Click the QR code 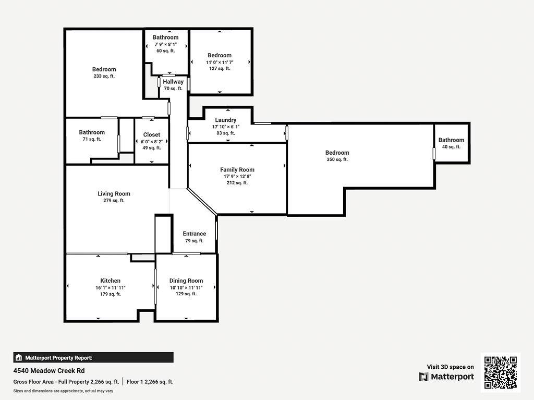point(500,372)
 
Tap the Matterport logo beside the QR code point(446,377)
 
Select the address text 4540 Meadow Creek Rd point(49,371)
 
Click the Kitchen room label point(110,281)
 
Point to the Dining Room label point(186,281)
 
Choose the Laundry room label point(225,120)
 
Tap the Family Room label point(237,170)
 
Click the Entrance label point(194,234)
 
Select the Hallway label point(173,82)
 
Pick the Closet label point(152,135)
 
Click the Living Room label point(114,194)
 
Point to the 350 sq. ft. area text point(337,159)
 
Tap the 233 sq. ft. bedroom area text point(104,76)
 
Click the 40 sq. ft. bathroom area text point(451,147)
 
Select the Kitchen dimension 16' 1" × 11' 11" point(110,287)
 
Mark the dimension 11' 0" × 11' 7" point(220,62)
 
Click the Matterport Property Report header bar point(93,358)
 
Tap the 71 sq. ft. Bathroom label point(92,132)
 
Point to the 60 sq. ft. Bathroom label point(165,37)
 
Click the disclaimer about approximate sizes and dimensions point(63,391)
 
